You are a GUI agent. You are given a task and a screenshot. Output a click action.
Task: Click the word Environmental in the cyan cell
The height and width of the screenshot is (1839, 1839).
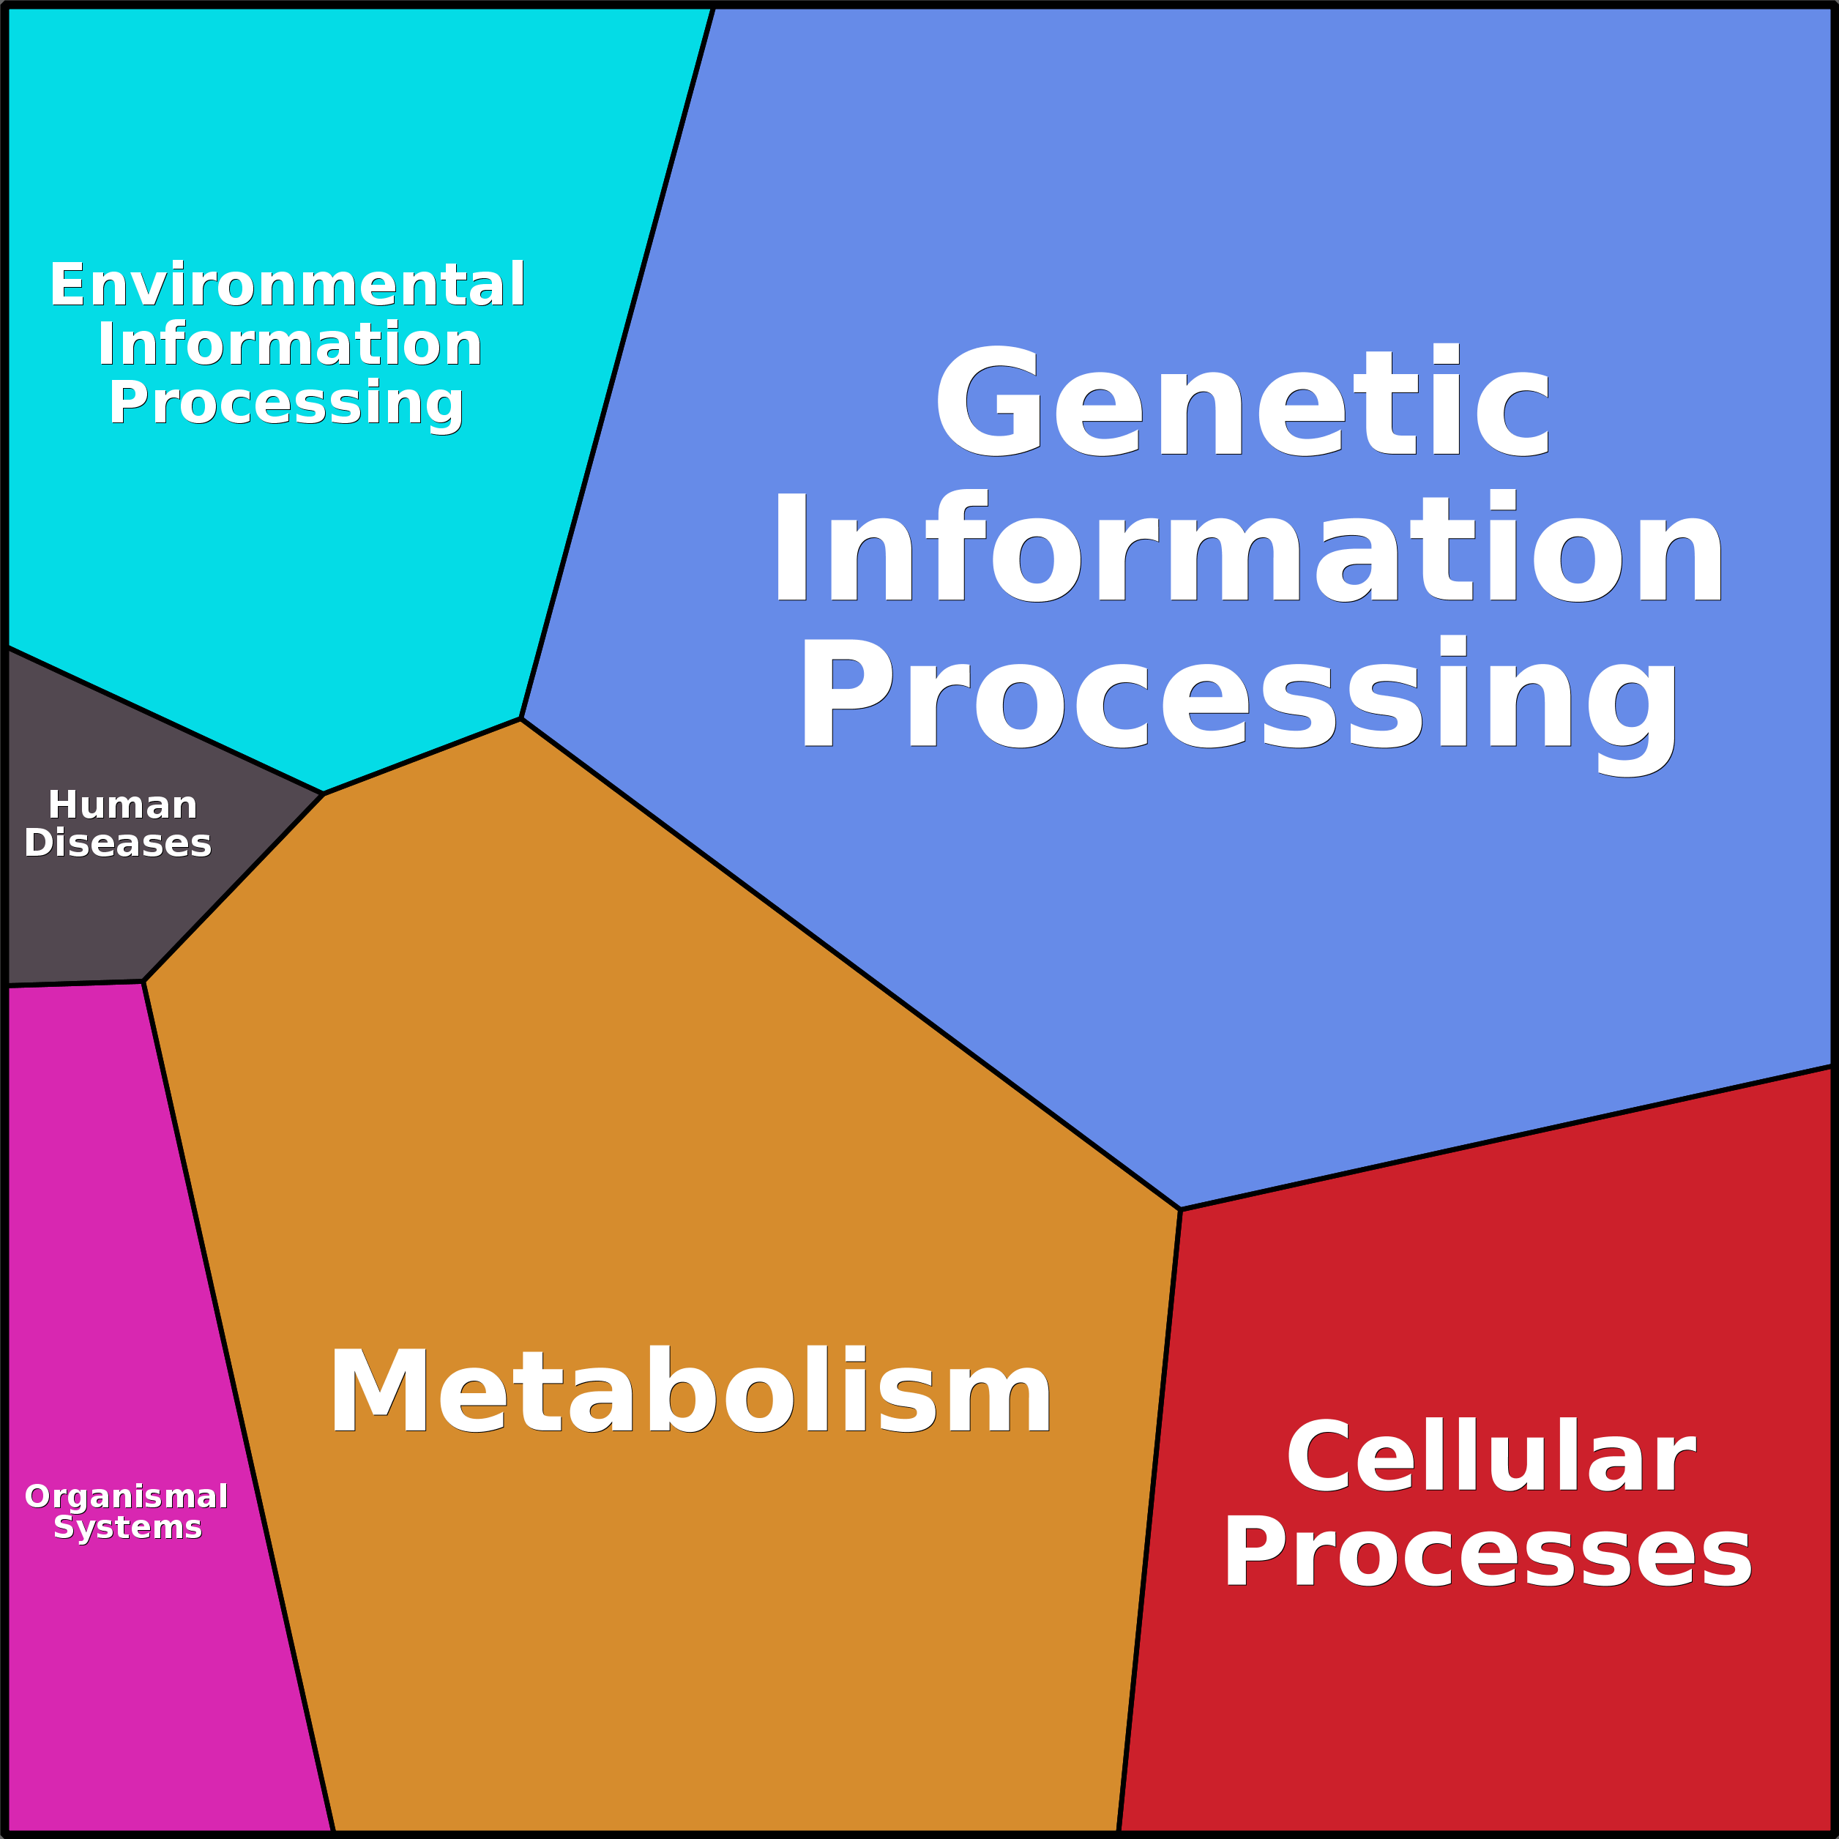tap(288, 285)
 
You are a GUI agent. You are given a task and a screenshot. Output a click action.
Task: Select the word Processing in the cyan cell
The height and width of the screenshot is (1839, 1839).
tap(286, 403)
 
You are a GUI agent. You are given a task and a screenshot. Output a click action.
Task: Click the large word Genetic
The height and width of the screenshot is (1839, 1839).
tap(1243, 402)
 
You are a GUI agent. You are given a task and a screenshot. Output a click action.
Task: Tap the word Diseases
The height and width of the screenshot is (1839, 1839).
tap(118, 843)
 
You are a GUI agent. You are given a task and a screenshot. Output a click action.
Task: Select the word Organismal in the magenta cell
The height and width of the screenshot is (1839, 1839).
tap(127, 1496)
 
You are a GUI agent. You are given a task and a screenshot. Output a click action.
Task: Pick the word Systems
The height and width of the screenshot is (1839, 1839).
tap(127, 1527)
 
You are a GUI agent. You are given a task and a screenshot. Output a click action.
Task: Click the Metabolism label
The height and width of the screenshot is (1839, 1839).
tap(690, 1391)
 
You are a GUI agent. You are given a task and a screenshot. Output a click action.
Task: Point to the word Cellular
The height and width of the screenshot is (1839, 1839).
tap(1491, 1458)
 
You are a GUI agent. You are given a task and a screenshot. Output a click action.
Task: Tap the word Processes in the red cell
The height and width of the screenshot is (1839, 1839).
tap(1487, 1553)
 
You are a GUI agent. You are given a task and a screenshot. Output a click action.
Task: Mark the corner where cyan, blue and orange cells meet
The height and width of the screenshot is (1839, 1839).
tap(521, 719)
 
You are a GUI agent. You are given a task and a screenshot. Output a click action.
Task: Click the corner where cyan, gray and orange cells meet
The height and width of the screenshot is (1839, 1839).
tap(324, 793)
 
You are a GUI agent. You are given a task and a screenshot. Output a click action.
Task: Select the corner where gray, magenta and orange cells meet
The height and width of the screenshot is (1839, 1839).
tap(143, 982)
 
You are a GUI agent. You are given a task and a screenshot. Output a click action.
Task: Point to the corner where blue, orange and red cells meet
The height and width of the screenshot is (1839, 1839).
tap(1180, 1210)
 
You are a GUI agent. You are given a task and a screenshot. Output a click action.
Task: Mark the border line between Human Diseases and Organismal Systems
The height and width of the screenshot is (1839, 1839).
tap(74, 984)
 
